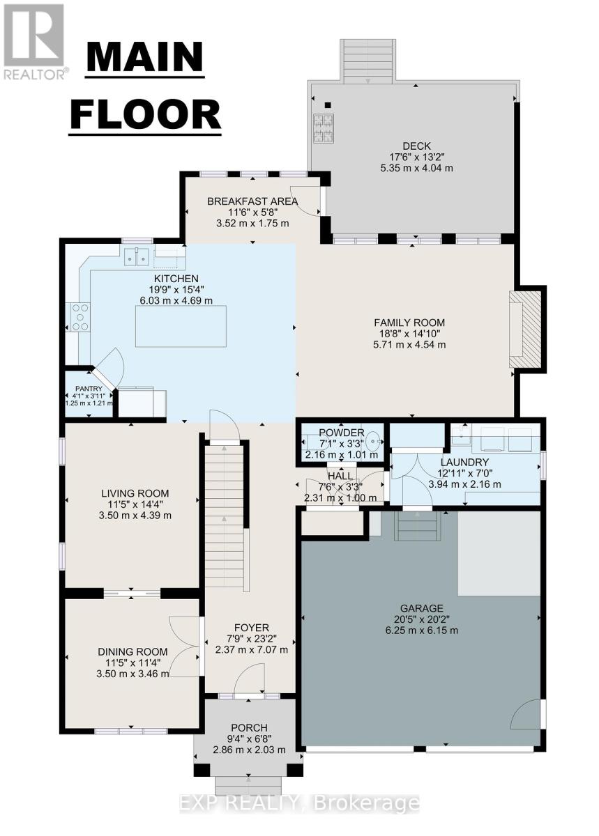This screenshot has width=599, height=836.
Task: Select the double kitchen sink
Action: (137, 258)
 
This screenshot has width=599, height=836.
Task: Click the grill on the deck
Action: (323, 127)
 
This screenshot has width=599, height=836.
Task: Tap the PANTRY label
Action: (89, 389)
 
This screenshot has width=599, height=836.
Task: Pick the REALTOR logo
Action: (35, 40)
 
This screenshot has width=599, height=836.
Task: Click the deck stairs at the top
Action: (368, 60)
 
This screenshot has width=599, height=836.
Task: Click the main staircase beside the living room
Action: (225, 516)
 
